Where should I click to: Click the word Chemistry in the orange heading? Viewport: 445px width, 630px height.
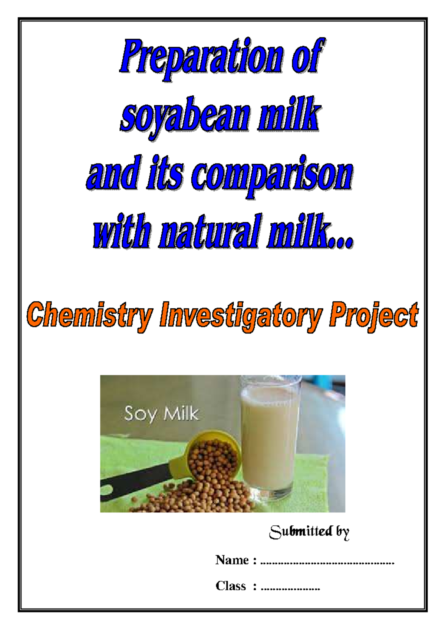tap(89, 316)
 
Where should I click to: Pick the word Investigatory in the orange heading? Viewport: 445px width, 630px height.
tap(241, 316)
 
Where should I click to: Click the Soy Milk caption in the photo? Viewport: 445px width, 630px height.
tap(161, 414)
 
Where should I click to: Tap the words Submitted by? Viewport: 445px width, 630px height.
tap(309, 532)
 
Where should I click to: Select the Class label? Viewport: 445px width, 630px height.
tap(231, 586)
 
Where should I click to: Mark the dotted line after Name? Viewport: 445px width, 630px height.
tap(327, 563)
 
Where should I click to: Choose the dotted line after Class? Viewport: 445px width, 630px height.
tap(290, 589)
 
